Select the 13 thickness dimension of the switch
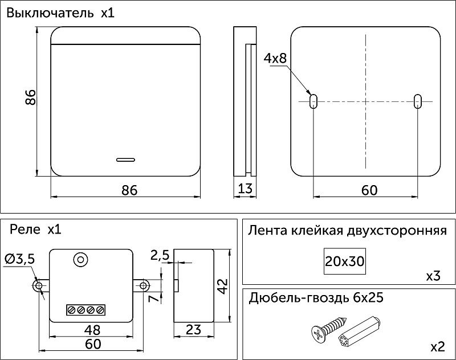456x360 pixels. pos(245,190)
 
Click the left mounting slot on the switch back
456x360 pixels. pos(313,101)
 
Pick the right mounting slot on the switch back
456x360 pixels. pos(418,101)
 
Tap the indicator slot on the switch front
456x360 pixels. pos(126,159)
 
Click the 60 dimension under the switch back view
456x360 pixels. pos(369,190)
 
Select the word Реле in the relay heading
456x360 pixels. pos(25,230)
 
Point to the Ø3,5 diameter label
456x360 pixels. pos(19,259)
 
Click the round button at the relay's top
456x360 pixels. pos(80,260)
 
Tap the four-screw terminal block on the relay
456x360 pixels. pos(85,310)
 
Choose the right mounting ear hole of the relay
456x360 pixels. pos(144,285)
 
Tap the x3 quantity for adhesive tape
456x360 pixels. pos(433,276)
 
